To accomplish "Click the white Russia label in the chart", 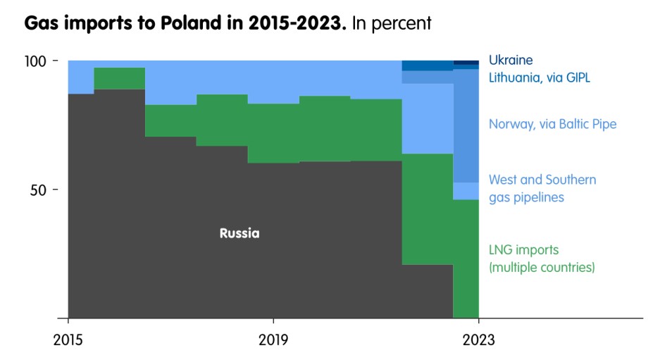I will pos(239,233).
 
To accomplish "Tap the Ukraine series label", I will pos(511,61).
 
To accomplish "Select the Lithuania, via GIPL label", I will pos(539,77).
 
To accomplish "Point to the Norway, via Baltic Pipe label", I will pos(552,125).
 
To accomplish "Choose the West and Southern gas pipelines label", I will pos(542,188).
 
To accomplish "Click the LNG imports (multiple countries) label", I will pos(542,259).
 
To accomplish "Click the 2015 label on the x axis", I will pos(68,340).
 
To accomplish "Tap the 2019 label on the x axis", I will pos(273,340).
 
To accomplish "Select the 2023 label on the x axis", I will pos(479,340).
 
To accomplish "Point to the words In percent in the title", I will pos(392,23).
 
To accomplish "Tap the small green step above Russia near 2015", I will pos(120,78).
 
